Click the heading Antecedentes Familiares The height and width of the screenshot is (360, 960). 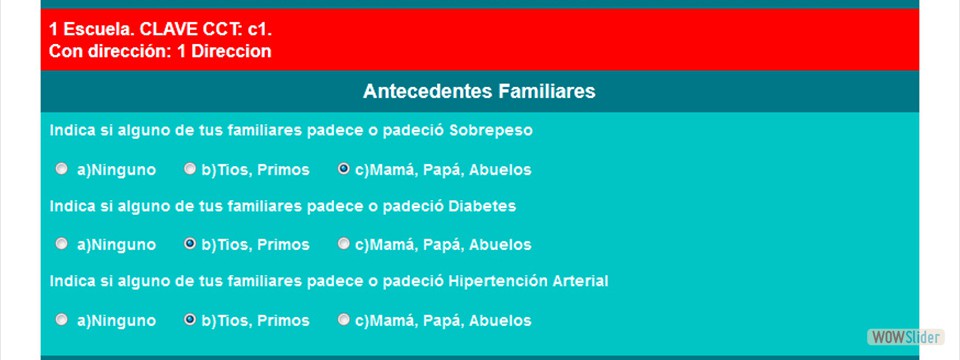[x=479, y=92]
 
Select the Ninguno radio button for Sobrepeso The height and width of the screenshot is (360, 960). [x=62, y=169]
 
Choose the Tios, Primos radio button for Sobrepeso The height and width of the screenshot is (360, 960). [x=190, y=169]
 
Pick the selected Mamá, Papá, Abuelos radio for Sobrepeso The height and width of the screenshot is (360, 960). [x=344, y=169]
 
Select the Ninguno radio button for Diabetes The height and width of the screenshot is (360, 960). [x=62, y=243]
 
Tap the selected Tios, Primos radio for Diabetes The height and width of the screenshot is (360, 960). [x=190, y=243]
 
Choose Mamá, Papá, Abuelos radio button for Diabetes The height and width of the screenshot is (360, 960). [x=344, y=243]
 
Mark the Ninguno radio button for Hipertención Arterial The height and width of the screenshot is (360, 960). [x=62, y=320]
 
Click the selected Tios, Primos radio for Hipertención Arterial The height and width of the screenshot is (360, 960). [x=190, y=320]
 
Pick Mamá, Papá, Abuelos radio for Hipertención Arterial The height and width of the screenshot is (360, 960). [x=344, y=320]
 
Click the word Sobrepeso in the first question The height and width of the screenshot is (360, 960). [x=491, y=131]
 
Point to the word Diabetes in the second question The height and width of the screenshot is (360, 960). [x=483, y=206]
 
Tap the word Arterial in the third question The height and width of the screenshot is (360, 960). [x=579, y=281]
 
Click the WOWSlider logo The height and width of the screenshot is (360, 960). [x=904, y=336]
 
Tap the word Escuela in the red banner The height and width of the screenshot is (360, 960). [x=94, y=30]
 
